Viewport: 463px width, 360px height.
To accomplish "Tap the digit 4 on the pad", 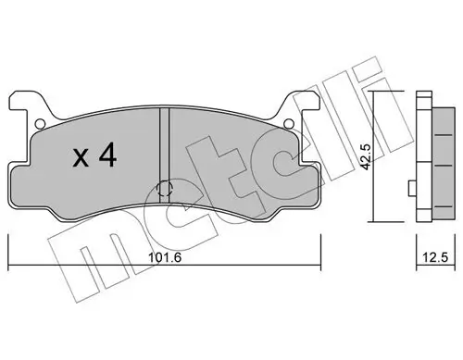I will (x=107, y=157).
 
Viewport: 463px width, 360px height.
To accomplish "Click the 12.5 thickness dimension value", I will (x=428, y=258).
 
